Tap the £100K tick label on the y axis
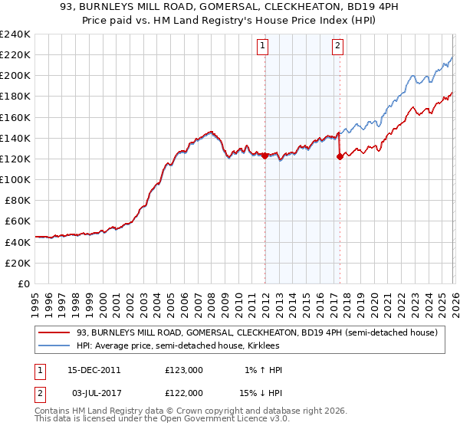tap(15, 179)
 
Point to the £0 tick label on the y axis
tap(23, 283)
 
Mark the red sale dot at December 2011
tap(265, 156)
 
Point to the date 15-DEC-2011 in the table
tap(93, 370)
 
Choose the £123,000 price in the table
tap(184, 370)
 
